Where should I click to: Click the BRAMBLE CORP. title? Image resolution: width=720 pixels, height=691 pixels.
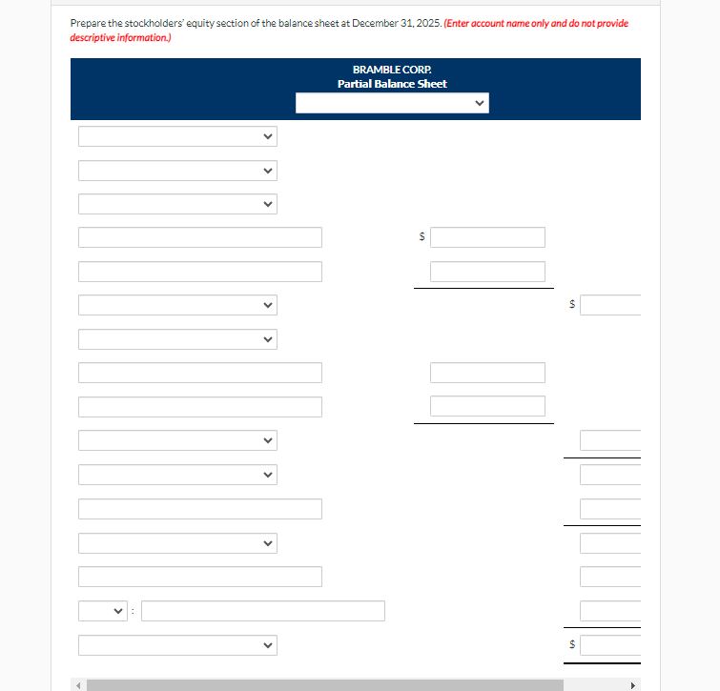(x=392, y=70)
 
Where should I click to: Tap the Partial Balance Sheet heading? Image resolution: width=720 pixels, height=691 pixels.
(x=392, y=84)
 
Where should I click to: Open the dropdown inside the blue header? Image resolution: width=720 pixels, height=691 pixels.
(x=391, y=103)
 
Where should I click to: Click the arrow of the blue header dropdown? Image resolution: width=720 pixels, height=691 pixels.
(x=479, y=103)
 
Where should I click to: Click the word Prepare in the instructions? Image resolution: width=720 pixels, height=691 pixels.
(x=86, y=23)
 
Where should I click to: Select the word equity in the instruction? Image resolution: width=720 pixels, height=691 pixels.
(x=187, y=23)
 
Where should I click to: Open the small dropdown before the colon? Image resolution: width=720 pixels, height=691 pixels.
(x=103, y=611)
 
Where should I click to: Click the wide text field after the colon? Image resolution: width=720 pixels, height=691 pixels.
(x=263, y=611)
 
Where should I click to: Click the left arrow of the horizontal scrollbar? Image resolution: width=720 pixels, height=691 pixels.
(x=79, y=684)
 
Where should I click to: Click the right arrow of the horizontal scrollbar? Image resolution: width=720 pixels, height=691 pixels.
(x=631, y=684)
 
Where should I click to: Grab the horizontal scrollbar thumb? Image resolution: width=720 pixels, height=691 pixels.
(x=324, y=684)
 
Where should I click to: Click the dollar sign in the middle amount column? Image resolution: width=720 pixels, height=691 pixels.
(x=422, y=237)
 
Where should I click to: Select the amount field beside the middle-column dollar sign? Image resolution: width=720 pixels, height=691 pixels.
(x=487, y=237)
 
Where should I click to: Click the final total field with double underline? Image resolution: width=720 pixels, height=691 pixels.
(x=610, y=645)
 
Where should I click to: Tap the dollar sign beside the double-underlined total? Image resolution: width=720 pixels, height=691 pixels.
(x=571, y=645)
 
